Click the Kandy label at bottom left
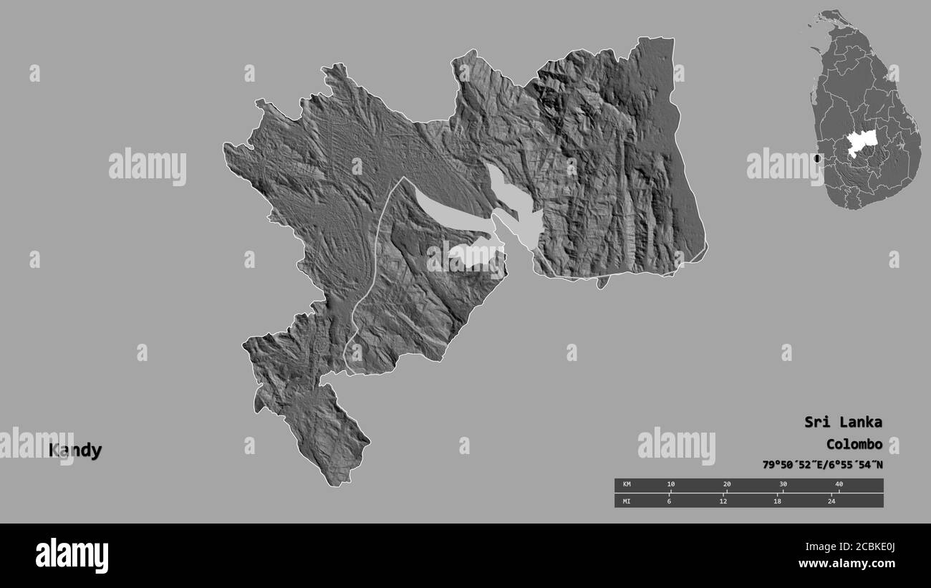75,450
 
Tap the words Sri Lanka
843,422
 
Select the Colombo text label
854,443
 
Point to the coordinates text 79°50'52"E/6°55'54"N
822,465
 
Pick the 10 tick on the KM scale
670,485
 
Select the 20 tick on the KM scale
727,485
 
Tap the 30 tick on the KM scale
783,485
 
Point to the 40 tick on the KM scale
839,485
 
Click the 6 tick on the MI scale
669,501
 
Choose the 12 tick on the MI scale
723,501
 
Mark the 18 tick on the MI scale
777,501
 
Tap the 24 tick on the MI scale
831,501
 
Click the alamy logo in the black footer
72,555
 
